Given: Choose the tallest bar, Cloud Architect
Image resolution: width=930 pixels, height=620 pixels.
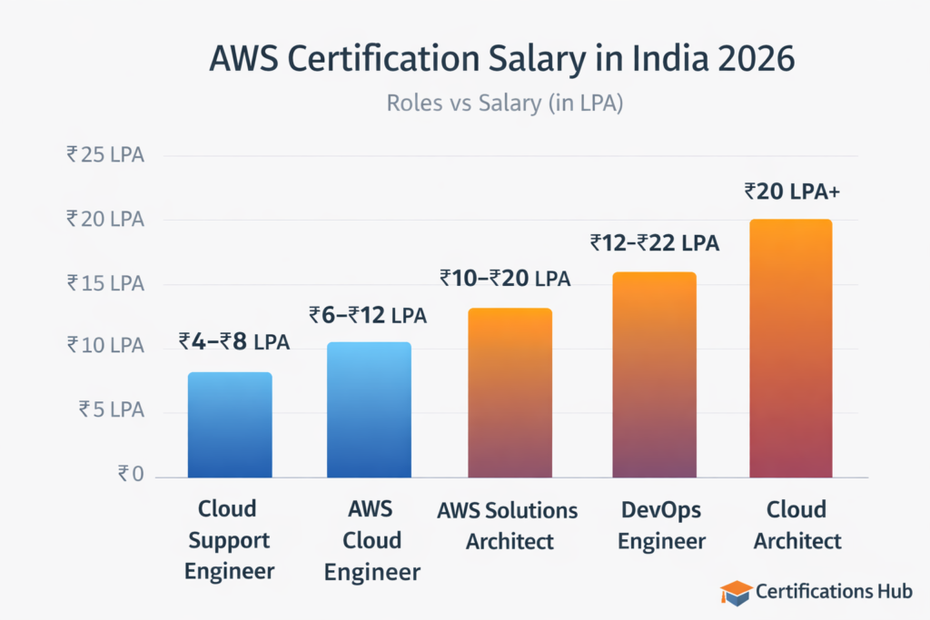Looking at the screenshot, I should (790, 349).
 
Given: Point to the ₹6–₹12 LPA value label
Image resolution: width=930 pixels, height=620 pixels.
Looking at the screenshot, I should (367, 315).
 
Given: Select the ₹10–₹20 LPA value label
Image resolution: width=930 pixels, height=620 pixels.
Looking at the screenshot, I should (505, 278).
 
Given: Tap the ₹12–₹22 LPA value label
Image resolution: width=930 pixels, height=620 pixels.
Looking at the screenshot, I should (654, 242).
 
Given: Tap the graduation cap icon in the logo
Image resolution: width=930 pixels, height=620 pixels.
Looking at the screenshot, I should (736, 592).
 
